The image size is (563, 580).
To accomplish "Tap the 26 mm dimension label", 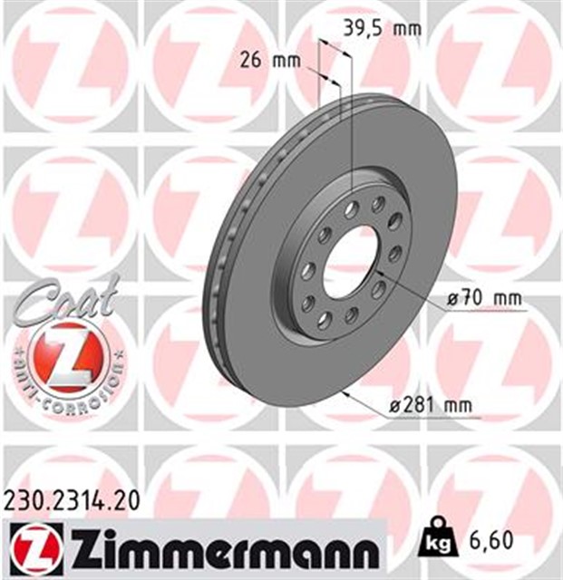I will click(x=269, y=62).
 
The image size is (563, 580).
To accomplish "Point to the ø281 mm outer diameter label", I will click(x=430, y=406).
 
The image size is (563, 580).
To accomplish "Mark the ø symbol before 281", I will click(x=394, y=406).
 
